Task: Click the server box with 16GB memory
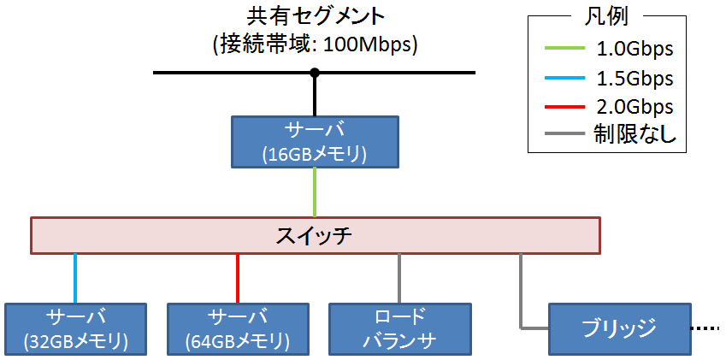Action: [x=315, y=141]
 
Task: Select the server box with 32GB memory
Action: [x=76, y=328]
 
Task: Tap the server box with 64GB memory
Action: [x=238, y=328]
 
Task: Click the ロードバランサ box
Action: [x=399, y=328]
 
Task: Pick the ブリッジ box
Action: [x=618, y=328]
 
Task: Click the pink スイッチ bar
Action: [x=315, y=235]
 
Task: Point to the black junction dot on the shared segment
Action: [x=315, y=73]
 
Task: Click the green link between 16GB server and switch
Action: [x=315, y=192]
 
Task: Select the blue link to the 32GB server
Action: [x=76, y=278]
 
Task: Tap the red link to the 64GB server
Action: [x=238, y=278]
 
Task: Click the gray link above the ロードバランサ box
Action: [x=399, y=278]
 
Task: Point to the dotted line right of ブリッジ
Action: [x=706, y=328]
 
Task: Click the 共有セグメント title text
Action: [x=315, y=16]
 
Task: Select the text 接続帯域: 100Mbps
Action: [x=315, y=44]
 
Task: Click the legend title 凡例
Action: [x=606, y=17]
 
